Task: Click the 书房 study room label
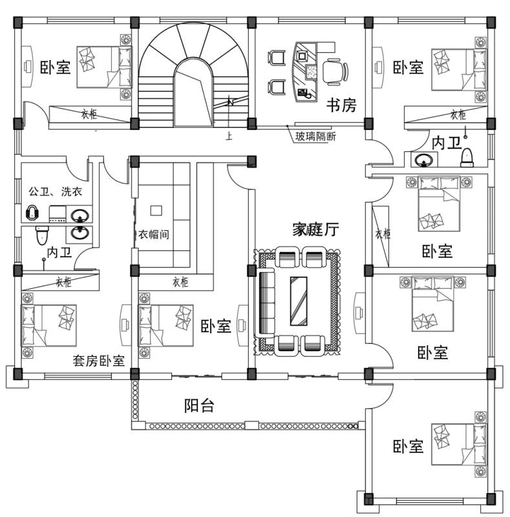point(341,105)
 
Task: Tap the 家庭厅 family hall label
point(315,229)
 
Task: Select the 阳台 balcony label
point(199,406)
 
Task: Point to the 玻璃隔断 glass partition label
point(316,136)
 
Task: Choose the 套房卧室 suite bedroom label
point(99,361)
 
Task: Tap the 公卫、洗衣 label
point(55,192)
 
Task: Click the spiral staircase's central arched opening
point(192,90)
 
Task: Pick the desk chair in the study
point(334,70)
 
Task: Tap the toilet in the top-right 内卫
point(467,158)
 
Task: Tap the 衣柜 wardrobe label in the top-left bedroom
point(89,114)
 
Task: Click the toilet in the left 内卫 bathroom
point(41,235)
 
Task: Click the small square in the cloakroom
point(156,210)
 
